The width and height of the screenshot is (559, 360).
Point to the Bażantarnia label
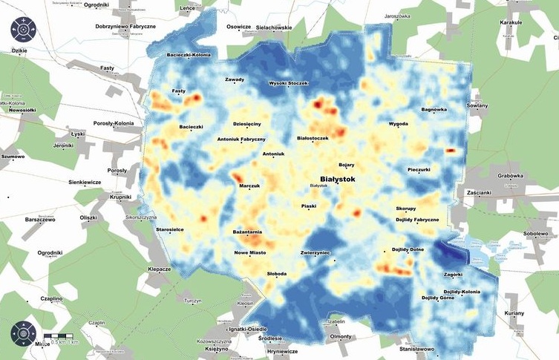[x=247, y=232]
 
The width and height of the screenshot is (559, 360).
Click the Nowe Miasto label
[x=250, y=252]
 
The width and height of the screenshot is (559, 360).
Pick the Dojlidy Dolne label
[x=408, y=249]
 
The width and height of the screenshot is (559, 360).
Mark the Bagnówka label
[x=434, y=110]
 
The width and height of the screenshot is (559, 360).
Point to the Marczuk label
[x=250, y=186]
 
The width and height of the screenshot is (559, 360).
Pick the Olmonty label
[x=340, y=336]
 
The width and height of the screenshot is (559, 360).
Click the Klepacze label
[x=160, y=269]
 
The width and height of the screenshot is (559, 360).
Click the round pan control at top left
[x=23, y=30]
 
